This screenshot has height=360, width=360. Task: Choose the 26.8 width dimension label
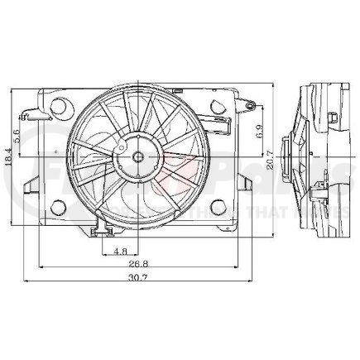tap(136, 265)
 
